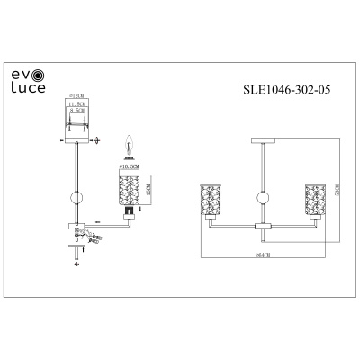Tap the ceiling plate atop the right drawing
pos(262,140)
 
